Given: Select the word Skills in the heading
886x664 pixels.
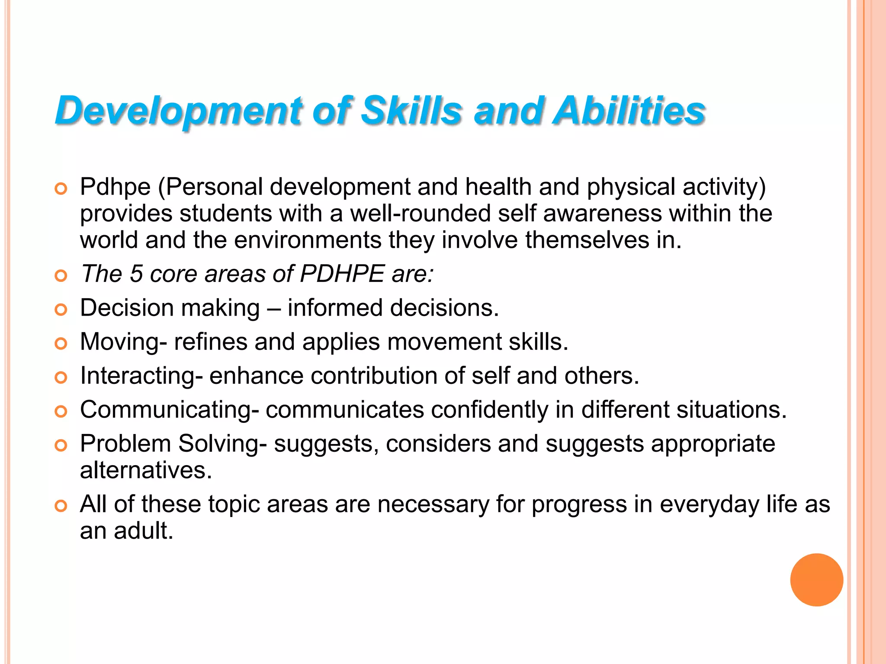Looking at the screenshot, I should click(411, 111).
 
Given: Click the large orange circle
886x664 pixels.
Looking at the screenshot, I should click(816, 580).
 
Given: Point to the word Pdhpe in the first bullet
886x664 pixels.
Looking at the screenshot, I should click(116, 187).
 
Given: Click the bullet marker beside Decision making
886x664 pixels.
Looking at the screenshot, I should click(61, 310).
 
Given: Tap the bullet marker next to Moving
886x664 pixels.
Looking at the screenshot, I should click(61, 344).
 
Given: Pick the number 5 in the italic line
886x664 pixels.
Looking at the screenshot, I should click(137, 274).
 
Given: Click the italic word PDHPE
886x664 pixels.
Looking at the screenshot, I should click(342, 274).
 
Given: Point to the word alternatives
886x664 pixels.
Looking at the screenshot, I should click(145, 470).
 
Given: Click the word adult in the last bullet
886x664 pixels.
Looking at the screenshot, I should click(143, 531).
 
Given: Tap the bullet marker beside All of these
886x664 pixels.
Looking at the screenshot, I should click(61, 506).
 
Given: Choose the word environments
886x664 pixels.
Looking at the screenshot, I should click(308, 240).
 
